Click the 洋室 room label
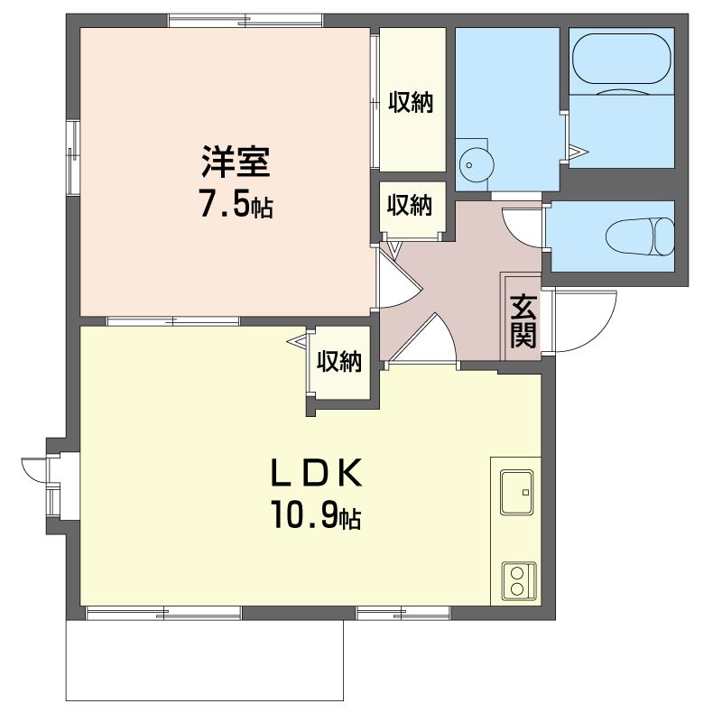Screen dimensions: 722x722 236,162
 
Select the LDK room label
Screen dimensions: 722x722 316,473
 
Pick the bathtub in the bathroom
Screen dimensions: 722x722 622,59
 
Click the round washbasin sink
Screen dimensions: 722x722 477,164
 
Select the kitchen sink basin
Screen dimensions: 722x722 516,492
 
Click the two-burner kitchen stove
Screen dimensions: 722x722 519,581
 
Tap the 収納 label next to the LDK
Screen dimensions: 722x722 339,362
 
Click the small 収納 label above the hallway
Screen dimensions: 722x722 410,205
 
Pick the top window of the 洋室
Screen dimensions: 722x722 245,21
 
